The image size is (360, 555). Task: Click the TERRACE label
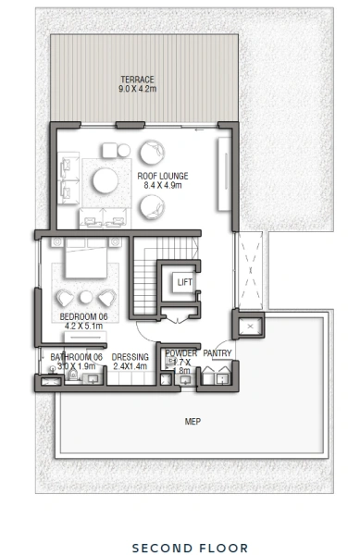point(137,80)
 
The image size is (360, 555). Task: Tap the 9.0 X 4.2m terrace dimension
point(137,90)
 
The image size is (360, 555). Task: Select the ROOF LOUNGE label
point(163,176)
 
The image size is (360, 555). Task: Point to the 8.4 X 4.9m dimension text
point(163,186)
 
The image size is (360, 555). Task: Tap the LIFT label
point(184,282)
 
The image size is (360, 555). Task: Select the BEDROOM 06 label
point(82,316)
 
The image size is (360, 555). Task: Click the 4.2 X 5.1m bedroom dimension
point(82,327)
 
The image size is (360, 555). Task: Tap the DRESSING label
point(130,355)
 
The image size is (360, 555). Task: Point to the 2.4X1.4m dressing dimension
point(130,365)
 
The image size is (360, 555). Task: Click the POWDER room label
point(181,354)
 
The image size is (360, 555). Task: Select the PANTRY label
point(217,354)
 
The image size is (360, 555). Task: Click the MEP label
point(193,422)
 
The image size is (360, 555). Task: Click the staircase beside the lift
point(146,277)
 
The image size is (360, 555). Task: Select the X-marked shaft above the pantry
point(250,327)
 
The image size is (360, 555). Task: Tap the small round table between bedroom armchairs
point(85,297)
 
